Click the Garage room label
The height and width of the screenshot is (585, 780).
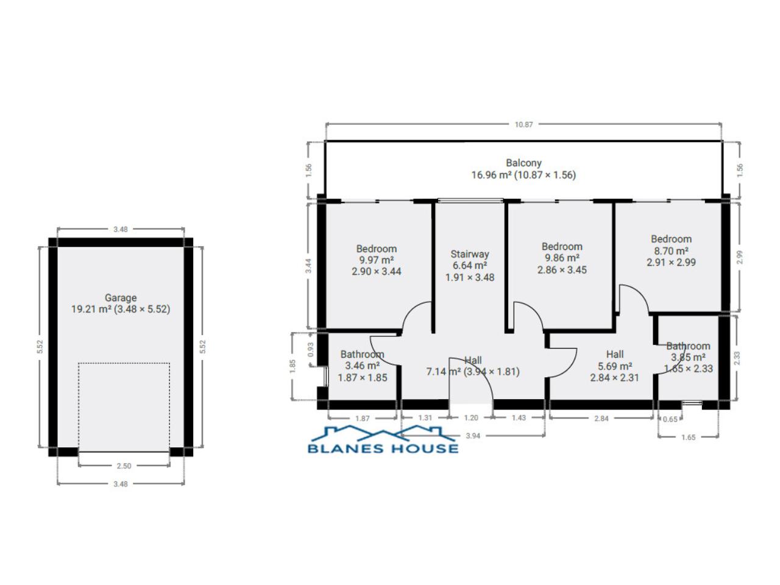click(x=121, y=297)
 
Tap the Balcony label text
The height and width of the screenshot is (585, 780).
click(x=523, y=163)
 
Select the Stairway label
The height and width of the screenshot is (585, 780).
click(x=470, y=254)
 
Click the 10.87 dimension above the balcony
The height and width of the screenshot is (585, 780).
click(x=524, y=124)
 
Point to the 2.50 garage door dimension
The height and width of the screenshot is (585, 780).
click(x=124, y=466)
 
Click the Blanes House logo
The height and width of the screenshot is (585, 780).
click(x=383, y=439)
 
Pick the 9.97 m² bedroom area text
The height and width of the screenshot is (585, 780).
click(x=377, y=260)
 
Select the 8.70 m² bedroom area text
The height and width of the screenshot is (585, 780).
click(x=672, y=251)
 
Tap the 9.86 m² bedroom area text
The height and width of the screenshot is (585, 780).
click(x=562, y=258)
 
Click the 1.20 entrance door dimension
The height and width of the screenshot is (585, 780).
click(x=471, y=417)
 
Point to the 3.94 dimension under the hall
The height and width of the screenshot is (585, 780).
click(x=473, y=436)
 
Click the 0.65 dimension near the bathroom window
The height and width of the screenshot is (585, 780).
click(x=670, y=419)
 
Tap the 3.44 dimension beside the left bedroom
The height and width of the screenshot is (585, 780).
click(x=308, y=266)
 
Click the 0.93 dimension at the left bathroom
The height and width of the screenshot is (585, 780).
click(x=311, y=350)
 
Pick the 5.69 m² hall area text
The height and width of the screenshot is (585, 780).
click(x=615, y=366)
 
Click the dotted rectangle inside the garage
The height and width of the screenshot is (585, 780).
click(x=124, y=363)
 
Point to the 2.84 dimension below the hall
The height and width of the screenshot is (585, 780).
click(x=601, y=419)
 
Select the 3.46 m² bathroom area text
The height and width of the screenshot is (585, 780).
click(x=363, y=366)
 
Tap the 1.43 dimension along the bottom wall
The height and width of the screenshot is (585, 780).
click(x=519, y=417)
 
